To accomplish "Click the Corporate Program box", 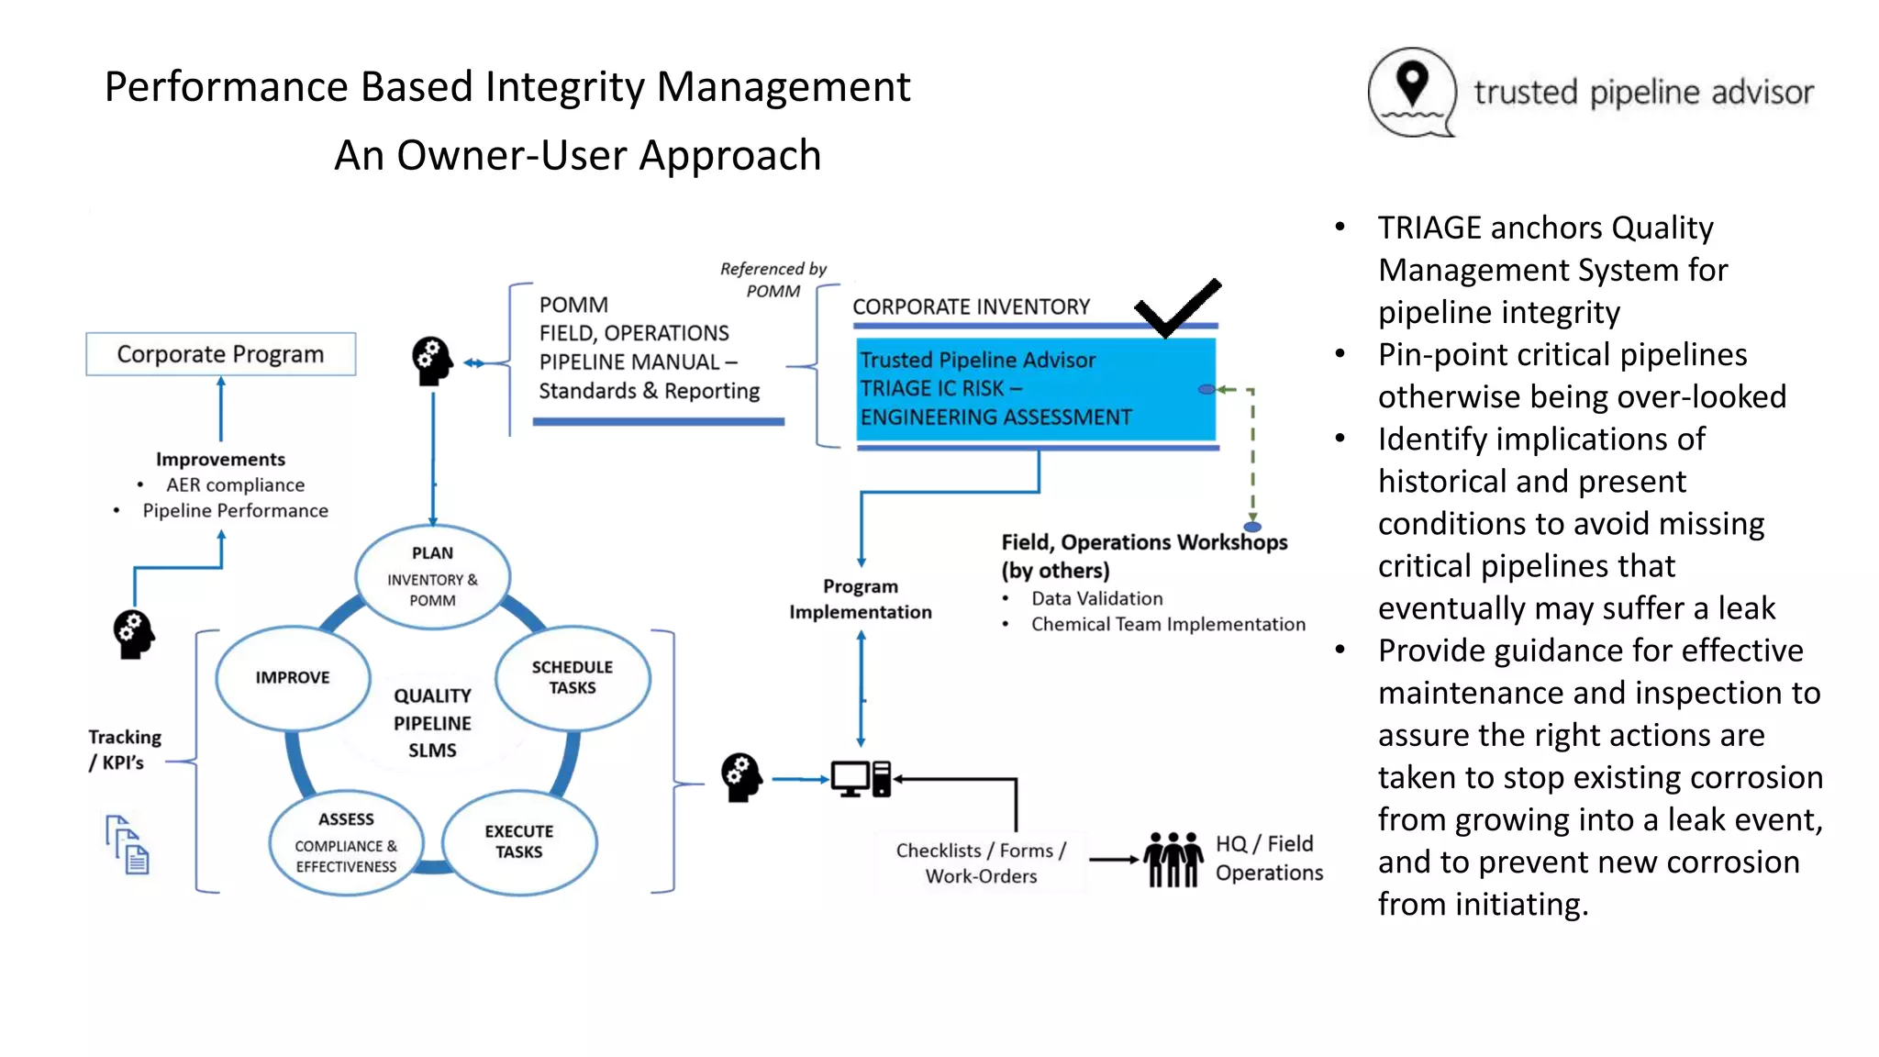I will pos(220,354).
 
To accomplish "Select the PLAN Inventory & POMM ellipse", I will pos(432,576).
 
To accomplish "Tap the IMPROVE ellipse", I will pos(293,678).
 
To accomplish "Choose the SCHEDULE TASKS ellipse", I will pos(573,678).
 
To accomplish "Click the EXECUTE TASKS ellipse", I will pos(519,841).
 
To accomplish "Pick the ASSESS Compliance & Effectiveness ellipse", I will pos(346,842).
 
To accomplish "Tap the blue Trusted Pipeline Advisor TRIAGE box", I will pos(1035,389).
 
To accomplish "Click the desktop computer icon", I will pos(861,779).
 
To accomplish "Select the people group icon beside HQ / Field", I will pos(1173,860).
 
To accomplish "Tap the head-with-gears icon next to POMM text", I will pos(432,362).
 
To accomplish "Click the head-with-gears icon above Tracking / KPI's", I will pos(134,634).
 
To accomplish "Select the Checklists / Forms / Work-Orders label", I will pos(981,863).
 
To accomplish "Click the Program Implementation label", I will pos(860,599).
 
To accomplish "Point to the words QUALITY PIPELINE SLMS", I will pos(432,723).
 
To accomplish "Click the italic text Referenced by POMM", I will pos(773,280).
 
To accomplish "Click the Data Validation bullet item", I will pos(1096,599).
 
